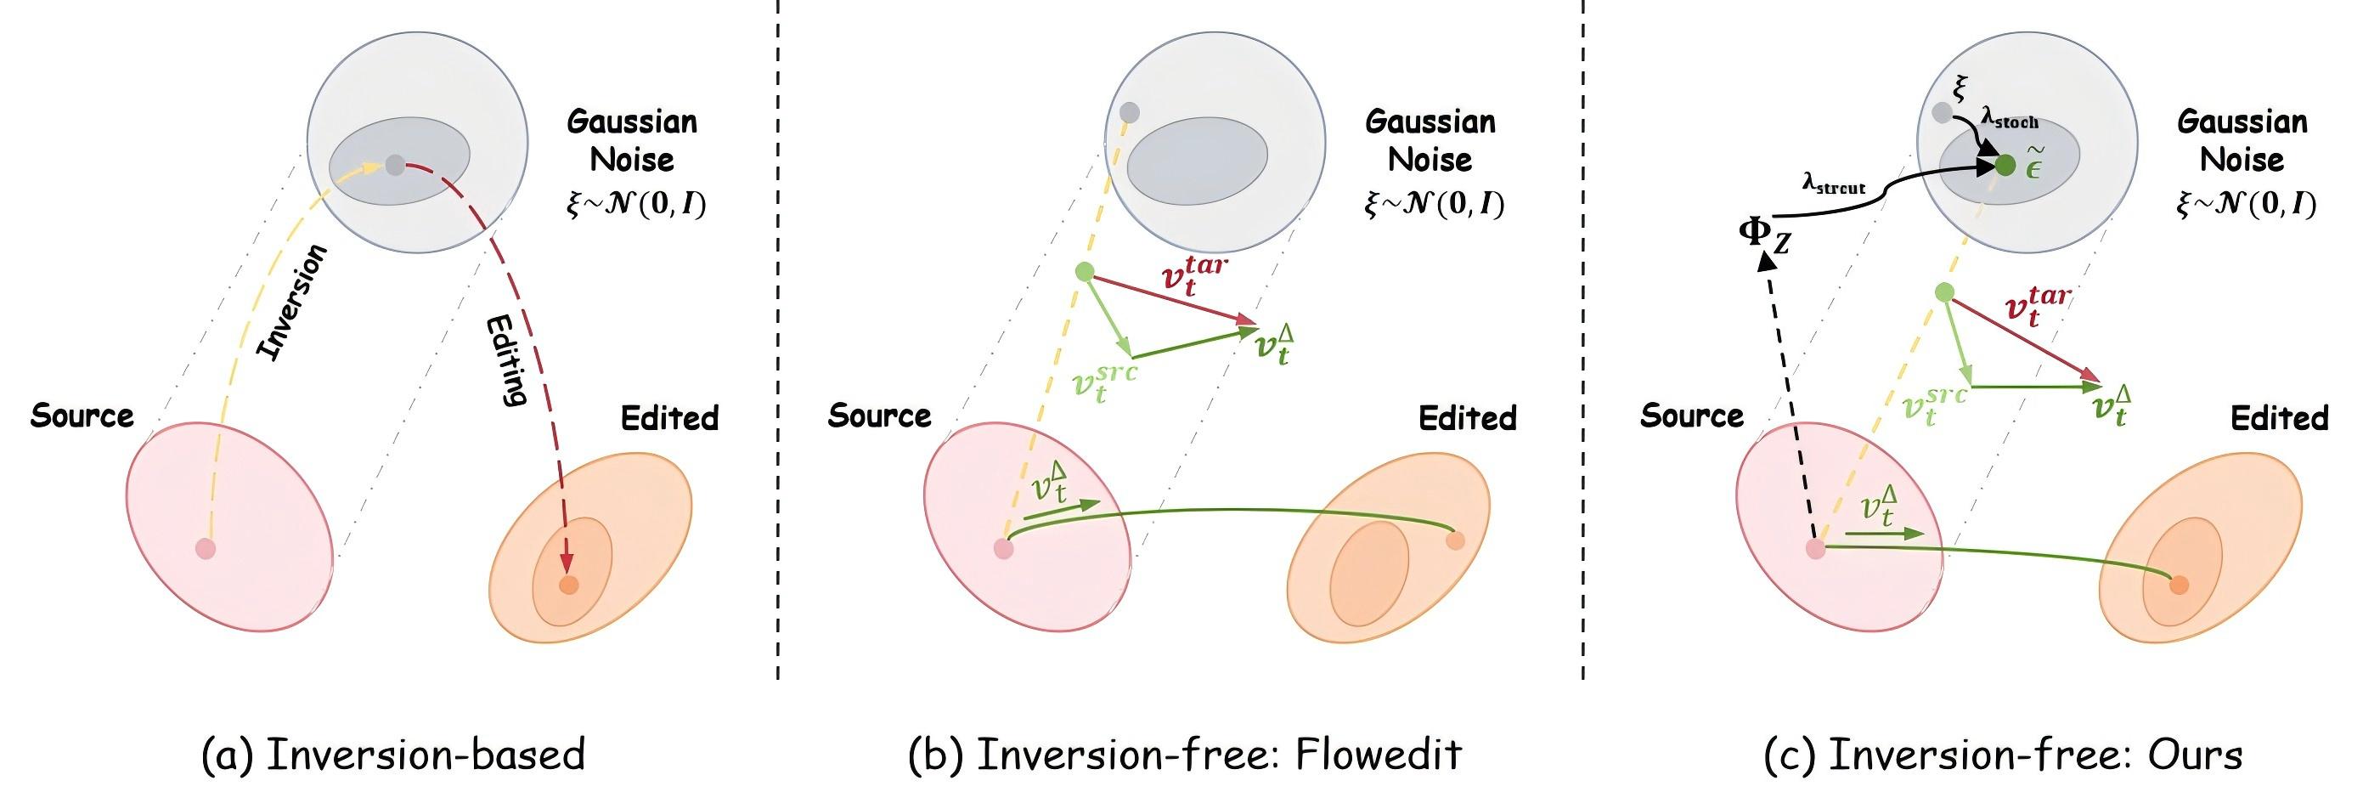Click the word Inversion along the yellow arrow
click(291, 303)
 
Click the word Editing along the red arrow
click(506, 359)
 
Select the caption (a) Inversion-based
click(392, 755)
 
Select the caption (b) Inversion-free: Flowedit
click(1184, 755)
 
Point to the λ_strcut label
click(1834, 186)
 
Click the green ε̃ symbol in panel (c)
click(2033, 164)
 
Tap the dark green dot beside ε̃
click(2005, 165)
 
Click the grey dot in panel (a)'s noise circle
click(394, 165)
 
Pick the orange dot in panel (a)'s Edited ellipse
click(569, 585)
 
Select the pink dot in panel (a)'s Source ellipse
click(206, 549)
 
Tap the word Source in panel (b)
click(879, 416)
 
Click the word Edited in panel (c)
click(2279, 418)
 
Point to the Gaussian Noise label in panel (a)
click(632, 140)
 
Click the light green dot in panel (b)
click(1086, 272)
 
